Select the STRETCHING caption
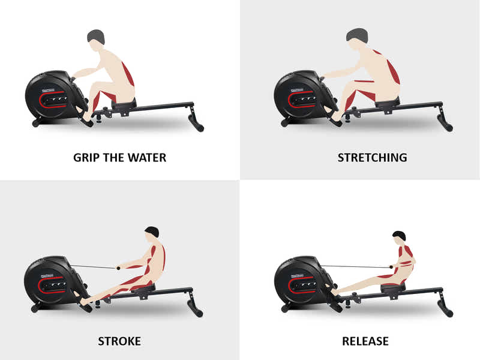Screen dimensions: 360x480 372,158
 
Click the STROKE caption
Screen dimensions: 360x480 119,341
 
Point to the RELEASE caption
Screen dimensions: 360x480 365,341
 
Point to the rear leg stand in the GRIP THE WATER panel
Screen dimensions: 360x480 195,120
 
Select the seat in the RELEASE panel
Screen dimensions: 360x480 393,286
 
